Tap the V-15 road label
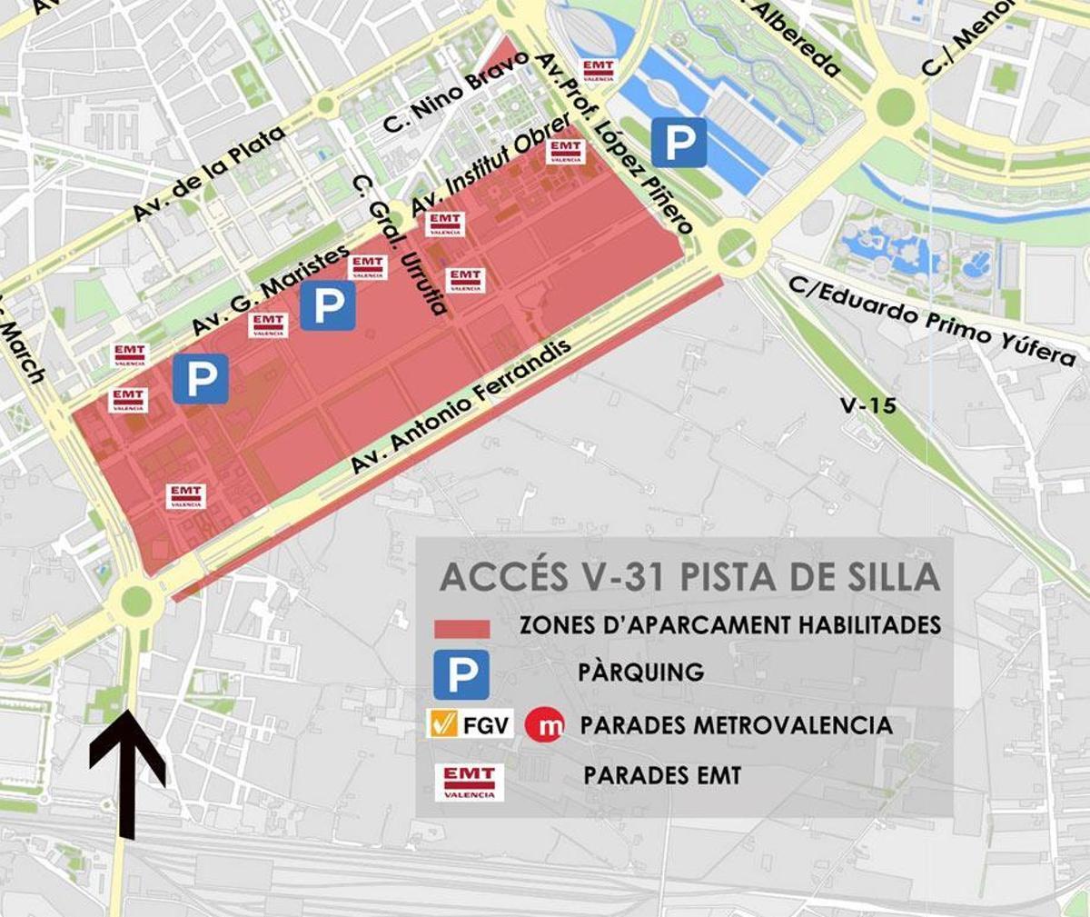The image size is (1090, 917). tap(867, 404)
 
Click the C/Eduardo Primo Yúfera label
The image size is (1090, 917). tap(931, 319)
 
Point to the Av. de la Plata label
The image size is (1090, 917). tap(208, 174)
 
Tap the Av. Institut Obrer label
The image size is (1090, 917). tap(490, 164)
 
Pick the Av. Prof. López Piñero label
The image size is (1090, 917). tap(614, 142)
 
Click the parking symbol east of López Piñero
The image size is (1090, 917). tap(679, 142)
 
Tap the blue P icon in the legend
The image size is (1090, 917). tap(461, 673)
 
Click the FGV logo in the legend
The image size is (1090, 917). tap(470, 724)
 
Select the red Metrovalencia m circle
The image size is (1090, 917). tap(545, 724)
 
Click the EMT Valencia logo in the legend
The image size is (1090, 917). tap(470, 780)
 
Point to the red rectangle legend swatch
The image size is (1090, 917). tap(461, 628)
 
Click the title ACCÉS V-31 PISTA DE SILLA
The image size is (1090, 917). tap(689, 577)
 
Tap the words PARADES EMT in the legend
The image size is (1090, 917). tap(661, 775)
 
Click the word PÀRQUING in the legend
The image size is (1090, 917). tap(640, 673)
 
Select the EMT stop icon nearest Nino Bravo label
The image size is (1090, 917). tap(599, 70)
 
